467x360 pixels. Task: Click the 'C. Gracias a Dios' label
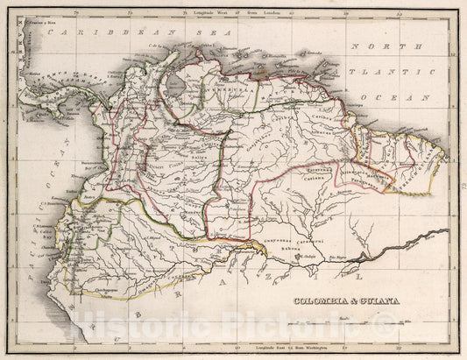click(37, 17)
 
